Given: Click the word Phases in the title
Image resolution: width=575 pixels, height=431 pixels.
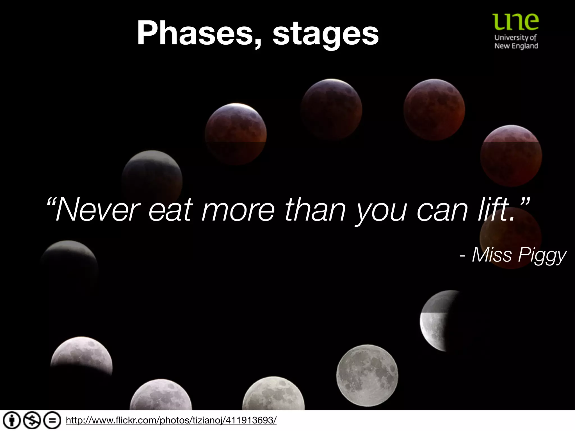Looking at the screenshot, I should click(x=197, y=34).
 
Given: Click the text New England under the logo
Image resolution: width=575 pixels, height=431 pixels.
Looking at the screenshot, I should click(x=516, y=46).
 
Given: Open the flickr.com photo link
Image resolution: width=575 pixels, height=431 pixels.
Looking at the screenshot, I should click(x=171, y=420).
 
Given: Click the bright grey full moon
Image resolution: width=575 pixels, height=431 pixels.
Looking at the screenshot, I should click(x=367, y=375).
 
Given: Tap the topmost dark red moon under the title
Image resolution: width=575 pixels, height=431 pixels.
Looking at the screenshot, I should click(x=331, y=109).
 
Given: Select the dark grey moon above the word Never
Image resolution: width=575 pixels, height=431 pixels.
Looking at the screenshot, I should click(x=152, y=177).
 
